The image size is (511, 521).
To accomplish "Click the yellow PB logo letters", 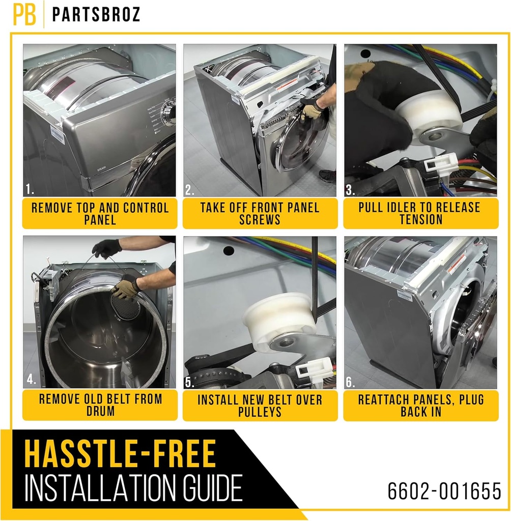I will click(24, 15).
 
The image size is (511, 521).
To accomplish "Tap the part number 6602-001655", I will click(444, 491).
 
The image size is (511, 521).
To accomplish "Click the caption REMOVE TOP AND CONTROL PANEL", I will click(100, 214).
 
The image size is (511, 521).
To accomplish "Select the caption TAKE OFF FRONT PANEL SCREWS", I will click(260, 214).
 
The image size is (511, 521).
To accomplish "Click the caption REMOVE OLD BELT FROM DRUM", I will click(100, 405).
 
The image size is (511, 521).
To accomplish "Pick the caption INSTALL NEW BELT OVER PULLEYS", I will click(260, 405).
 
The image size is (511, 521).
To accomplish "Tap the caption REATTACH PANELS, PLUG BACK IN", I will click(420, 405).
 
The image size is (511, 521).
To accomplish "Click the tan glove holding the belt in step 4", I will click(125, 287).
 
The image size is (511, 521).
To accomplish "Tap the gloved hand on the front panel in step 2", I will click(310, 109).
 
